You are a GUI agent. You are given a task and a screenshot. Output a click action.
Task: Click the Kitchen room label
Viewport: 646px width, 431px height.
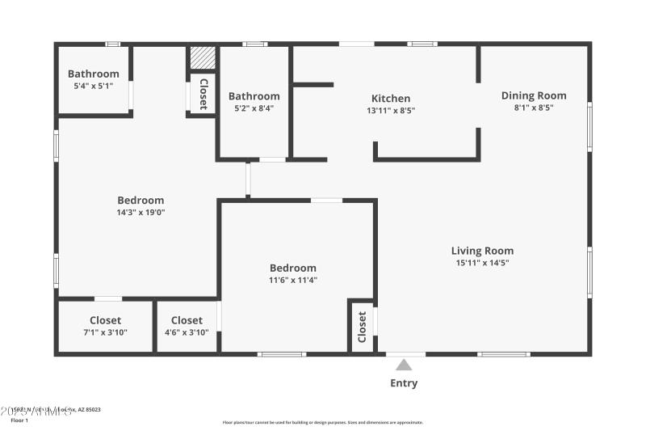tap(391, 99)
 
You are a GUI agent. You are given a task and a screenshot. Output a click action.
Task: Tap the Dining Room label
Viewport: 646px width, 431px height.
tap(534, 95)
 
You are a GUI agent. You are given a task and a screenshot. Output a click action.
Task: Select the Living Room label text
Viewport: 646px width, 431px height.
tap(482, 251)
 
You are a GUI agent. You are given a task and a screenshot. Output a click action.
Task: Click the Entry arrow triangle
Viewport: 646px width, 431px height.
tap(404, 365)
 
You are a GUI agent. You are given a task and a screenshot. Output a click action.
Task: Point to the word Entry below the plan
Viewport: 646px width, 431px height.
tap(404, 383)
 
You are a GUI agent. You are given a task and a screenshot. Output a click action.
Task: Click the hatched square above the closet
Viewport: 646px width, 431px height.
tap(203, 59)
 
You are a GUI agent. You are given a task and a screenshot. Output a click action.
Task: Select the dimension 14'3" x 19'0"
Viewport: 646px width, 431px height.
tap(141, 213)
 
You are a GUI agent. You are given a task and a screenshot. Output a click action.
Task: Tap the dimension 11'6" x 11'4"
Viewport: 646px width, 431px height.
tap(293, 280)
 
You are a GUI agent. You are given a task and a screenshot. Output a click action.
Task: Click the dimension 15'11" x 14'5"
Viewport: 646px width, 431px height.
tap(482, 262)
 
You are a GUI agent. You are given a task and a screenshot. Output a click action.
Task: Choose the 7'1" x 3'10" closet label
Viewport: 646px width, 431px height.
tap(105, 332)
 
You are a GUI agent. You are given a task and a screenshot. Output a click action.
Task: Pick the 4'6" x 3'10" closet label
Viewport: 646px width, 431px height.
tap(187, 332)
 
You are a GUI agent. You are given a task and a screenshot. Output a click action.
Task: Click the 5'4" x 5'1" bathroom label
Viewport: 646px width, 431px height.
tap(93, 86)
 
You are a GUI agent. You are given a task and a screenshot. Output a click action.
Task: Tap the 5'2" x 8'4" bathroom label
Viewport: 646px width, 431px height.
tap(254, 108)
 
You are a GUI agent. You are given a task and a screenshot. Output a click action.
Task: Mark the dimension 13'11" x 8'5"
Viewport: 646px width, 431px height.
tap(391, 110)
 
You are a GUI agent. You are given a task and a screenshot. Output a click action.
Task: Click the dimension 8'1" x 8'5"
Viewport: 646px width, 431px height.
tap(534, 107)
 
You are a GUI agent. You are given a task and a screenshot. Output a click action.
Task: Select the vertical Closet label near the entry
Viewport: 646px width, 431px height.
tap(362, 327)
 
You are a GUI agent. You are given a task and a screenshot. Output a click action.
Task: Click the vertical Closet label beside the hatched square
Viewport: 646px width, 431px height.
tap(203, 94)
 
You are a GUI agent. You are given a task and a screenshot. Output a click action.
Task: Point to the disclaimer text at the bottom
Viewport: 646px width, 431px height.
tap(322, 422)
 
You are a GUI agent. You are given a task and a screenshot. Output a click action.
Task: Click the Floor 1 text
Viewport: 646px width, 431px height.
tap(18, 420)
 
